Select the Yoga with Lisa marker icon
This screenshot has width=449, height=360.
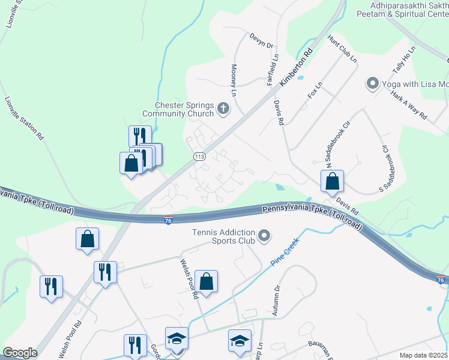[x=372, y=83]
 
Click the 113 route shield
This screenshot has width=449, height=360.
[x=200, y=157]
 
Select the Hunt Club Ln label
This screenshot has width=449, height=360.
[x=342, y=49]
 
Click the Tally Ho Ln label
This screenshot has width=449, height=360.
[x=403, y=61]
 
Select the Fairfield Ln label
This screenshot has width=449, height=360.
[x=276, y=70]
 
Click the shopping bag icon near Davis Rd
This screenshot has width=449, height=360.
[x=331, y=181]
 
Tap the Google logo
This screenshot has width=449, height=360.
[x=20, y=353]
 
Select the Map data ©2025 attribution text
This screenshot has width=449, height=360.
[x=423, y=355]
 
